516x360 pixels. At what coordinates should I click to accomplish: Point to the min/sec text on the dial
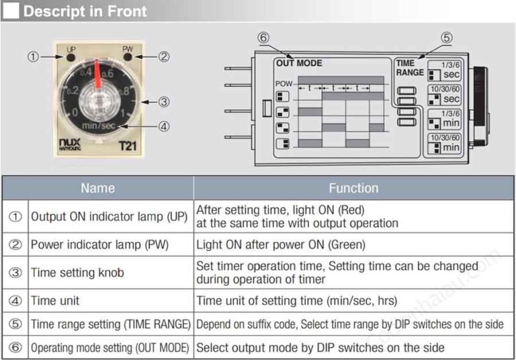(100, 126)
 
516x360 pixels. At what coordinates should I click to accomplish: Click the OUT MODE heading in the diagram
(299, 63)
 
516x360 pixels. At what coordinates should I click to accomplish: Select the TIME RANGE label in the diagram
(409, 68)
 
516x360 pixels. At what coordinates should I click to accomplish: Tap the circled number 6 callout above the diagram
(263, 38)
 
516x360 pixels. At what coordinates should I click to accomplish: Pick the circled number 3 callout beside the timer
(163, 103)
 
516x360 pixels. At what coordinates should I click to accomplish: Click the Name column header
(97, 188)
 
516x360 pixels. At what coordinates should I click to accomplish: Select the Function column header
(353, 188)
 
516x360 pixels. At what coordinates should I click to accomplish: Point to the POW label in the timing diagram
(284, 83)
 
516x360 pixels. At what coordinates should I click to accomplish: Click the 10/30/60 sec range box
(445, 95)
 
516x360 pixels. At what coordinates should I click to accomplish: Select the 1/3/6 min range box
(445, 120)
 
